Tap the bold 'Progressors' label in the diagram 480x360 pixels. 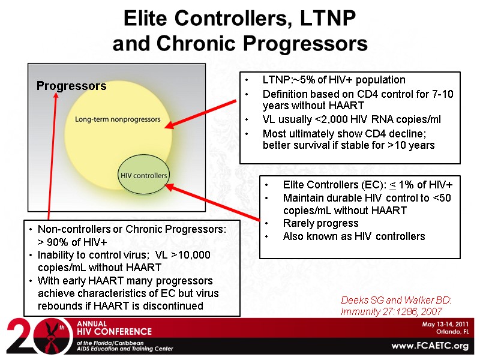(x=71, y=86)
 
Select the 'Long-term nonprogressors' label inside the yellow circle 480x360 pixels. (x=118, y=119)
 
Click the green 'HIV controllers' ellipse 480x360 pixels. (x=144, y=175)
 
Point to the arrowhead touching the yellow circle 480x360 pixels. (x=170, y=125)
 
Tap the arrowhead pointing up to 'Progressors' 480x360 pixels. (x=56, y=94)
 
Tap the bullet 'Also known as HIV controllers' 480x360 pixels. (x=353, y=236)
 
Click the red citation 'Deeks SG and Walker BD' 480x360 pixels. (x=395, y=299)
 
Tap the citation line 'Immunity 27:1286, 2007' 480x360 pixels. (x=391, y=311)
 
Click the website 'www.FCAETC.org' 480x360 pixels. (x=430, y=346)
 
